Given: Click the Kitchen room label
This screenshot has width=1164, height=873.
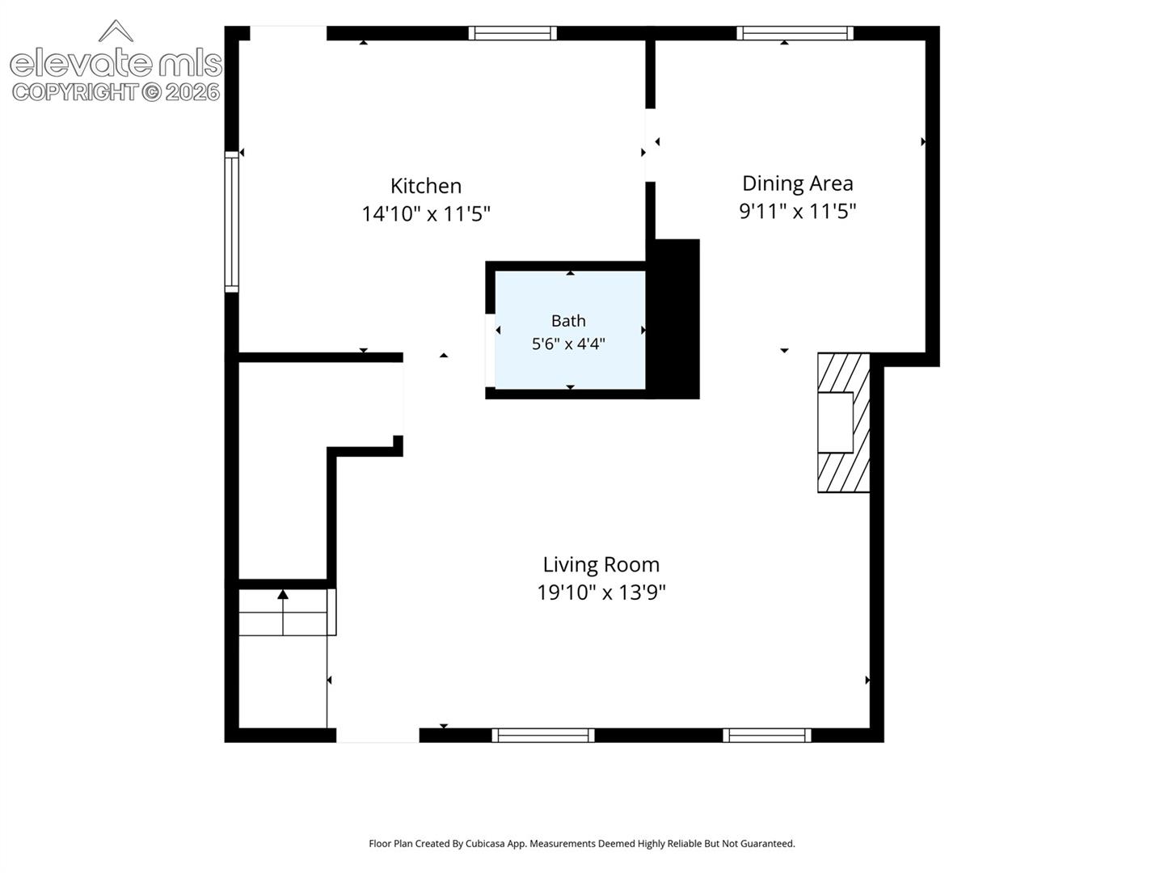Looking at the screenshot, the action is tap(426, 186).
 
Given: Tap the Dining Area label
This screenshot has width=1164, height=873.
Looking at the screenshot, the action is tap(798, 183).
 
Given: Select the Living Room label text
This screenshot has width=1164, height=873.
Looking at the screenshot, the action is tap(601, 564).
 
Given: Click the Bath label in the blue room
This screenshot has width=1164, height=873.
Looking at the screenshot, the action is tap(568, 321).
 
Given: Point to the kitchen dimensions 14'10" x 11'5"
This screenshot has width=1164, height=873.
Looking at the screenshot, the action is tap(426, 214).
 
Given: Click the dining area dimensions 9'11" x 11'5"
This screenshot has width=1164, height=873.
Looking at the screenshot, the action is tap(798, 212).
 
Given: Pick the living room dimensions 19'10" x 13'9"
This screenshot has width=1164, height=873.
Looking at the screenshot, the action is tap(601, 592).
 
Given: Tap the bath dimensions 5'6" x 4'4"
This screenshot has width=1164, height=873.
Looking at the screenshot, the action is tap(568, 344).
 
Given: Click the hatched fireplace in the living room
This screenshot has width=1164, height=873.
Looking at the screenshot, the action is tap(843, 423).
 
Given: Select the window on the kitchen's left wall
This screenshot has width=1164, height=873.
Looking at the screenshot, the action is tap(232, 221).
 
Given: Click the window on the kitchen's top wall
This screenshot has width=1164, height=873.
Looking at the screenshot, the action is tap(512, 33).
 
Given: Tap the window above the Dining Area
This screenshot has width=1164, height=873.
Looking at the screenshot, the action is tap(795, 33).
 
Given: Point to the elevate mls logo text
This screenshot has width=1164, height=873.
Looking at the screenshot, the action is tap(116, 62).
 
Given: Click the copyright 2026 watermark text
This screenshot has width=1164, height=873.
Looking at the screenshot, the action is tap(116, 93).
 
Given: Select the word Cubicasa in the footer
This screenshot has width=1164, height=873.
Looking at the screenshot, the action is tap(485, 843).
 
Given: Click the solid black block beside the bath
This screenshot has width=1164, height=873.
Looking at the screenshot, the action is tap(673, 319).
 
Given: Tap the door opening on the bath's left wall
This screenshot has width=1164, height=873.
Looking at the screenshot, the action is tap(490, 350).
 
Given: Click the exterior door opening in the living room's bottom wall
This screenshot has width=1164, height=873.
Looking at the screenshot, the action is tap(377, 736).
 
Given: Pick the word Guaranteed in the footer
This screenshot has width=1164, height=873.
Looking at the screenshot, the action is tap(768, 843).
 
